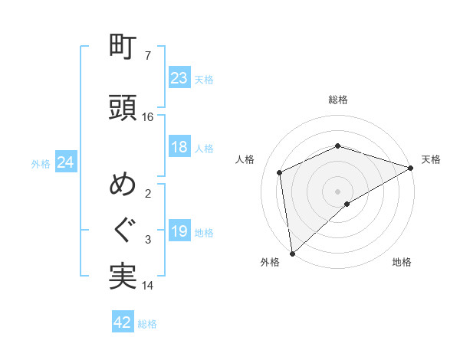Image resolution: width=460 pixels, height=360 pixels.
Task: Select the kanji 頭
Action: tap(123, 107)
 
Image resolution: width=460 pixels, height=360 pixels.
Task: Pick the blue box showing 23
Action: tap(179, 77)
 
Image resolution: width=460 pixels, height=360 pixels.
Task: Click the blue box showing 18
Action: tap(179, 147)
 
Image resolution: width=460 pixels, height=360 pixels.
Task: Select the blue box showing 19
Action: tap(179, 231)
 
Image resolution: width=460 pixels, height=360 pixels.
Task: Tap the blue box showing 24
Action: tap(65, 162)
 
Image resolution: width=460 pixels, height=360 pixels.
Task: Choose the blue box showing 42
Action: tap(123, 322)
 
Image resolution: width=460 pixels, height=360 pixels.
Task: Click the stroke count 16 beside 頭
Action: tap(148, 117)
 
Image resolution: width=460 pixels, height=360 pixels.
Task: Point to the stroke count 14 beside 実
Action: tap(148, 286)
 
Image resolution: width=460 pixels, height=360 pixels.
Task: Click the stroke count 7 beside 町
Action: tap(148, 56)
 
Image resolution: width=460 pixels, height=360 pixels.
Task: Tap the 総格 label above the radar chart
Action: tap(338, 100)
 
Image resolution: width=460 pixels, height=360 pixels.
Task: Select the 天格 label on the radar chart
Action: tap(431, 159)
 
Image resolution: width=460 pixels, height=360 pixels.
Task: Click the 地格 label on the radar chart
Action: tap(402, 262)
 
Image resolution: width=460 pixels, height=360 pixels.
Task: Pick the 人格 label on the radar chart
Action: tap(245, 159)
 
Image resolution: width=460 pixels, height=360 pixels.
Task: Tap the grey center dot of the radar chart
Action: tap(338, 191)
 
